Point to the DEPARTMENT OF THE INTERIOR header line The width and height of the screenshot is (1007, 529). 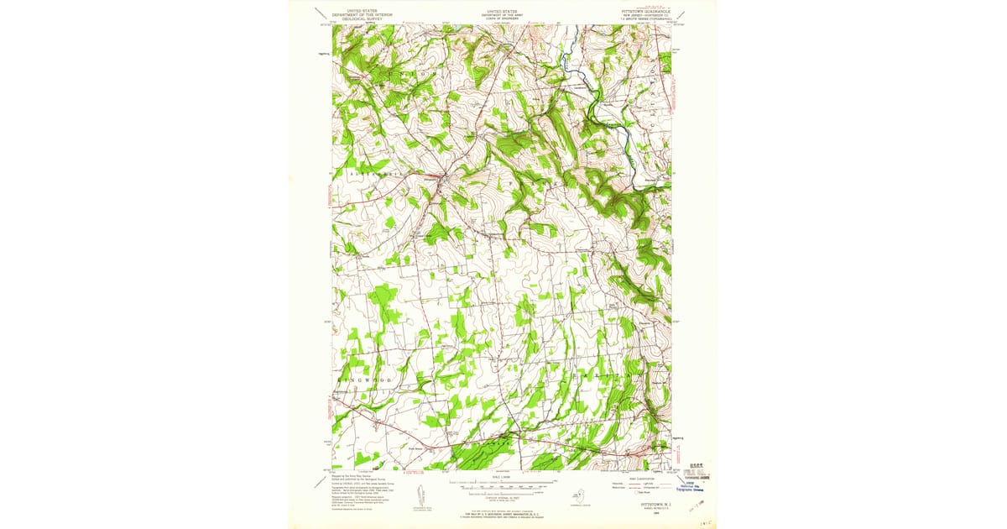coord(362,14)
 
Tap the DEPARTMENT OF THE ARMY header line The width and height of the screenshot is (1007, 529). coord(502,14)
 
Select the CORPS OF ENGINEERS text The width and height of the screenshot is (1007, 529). coord(502,18)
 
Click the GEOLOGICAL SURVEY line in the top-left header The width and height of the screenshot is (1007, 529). coord(362,18)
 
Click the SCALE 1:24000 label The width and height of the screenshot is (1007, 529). coord(502,476)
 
